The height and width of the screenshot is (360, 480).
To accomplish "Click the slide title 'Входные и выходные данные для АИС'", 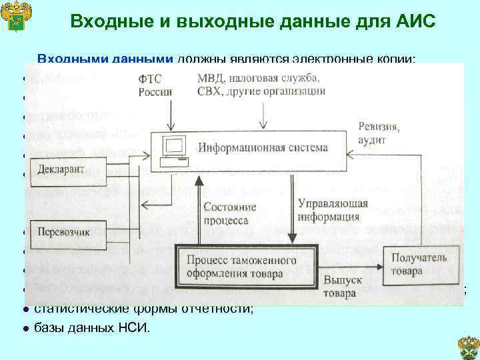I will [253, 21].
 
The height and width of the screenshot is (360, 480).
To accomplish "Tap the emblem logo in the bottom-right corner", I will [467, 346].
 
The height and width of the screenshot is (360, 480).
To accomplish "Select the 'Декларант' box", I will [61, 170].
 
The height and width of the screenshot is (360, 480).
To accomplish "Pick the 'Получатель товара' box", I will [415, 265].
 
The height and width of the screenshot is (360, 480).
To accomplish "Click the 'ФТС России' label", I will [154, 85].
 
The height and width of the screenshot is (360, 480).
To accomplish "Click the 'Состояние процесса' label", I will [225, 213].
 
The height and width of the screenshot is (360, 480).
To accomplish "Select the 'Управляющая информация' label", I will [328, 209].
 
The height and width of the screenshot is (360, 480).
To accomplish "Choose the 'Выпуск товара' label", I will [343, 287].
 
